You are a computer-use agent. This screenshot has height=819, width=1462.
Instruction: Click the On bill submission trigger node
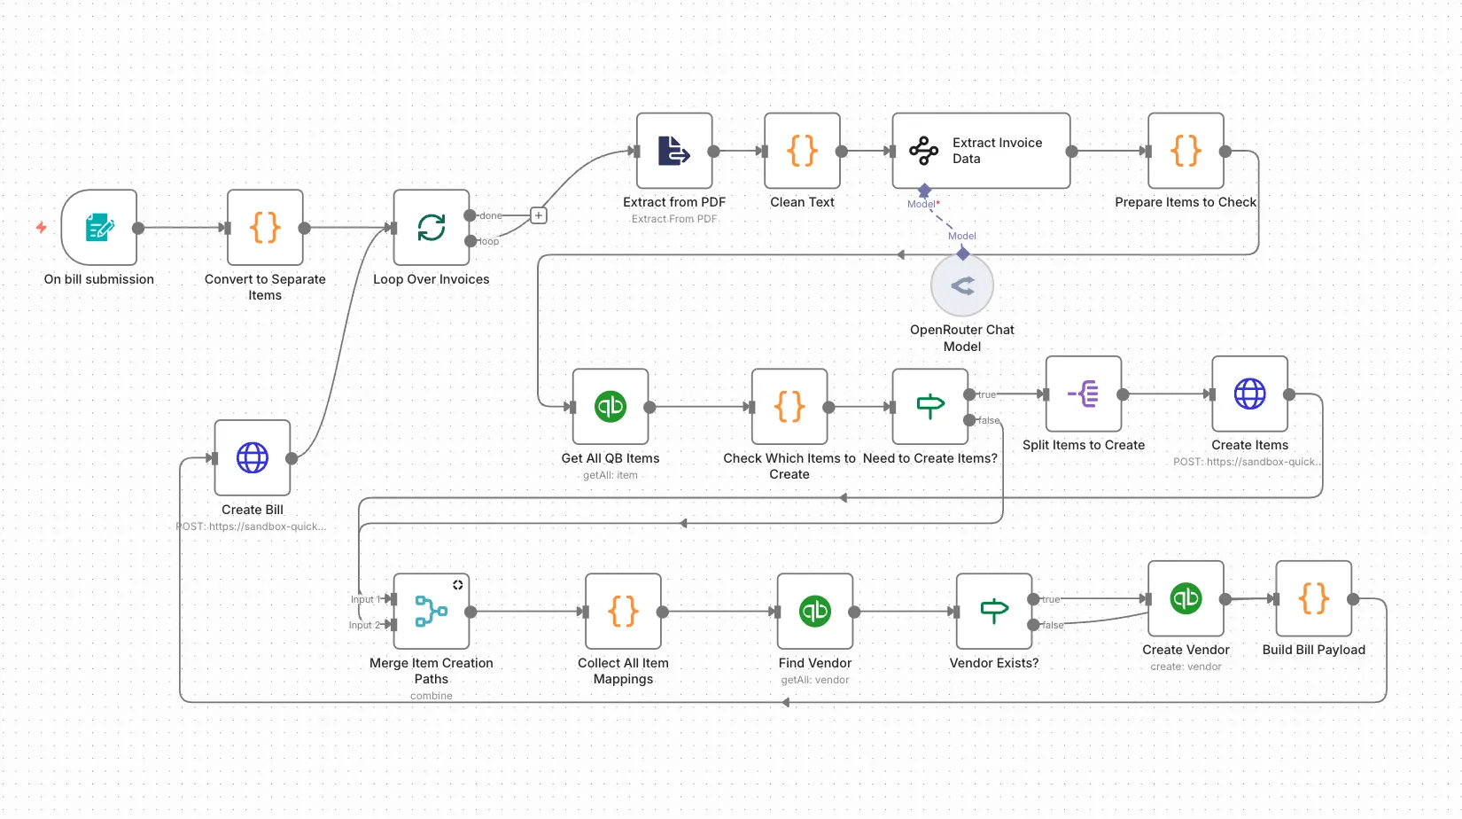[99, 228]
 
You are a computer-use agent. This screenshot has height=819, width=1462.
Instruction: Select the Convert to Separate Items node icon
[265, 228]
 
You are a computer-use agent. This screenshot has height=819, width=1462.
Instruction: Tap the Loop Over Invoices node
[432, 228]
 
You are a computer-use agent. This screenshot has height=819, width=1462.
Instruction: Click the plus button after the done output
[538, 215]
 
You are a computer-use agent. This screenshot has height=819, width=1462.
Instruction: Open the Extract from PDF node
[674, 151]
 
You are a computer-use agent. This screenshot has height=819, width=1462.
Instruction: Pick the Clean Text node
[802, 151]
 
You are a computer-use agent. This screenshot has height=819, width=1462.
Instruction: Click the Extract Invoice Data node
[981, 151]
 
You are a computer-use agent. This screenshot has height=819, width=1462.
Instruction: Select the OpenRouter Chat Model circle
[962, 285]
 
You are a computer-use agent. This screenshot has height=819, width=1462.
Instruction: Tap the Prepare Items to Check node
[1186, 151]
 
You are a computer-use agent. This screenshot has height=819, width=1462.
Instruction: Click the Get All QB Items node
[610, 407]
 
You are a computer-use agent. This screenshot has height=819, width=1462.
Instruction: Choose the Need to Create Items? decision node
[930, 407]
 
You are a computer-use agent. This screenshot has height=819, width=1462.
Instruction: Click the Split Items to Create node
[1084, 394]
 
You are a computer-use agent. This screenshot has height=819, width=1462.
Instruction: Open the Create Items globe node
[1250, 394]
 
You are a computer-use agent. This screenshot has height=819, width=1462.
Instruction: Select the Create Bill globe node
[253, 458]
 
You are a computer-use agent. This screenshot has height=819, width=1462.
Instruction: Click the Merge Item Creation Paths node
[432, 612]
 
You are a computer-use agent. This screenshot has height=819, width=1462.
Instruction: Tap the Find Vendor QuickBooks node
[815, 612]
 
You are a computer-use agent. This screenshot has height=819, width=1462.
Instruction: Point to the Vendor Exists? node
[994, 612]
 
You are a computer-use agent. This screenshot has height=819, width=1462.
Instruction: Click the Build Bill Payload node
[1314, 598]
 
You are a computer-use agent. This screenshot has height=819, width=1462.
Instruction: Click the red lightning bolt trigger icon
[41, 228]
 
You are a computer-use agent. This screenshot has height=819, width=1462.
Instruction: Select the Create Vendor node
[1186, 598]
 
